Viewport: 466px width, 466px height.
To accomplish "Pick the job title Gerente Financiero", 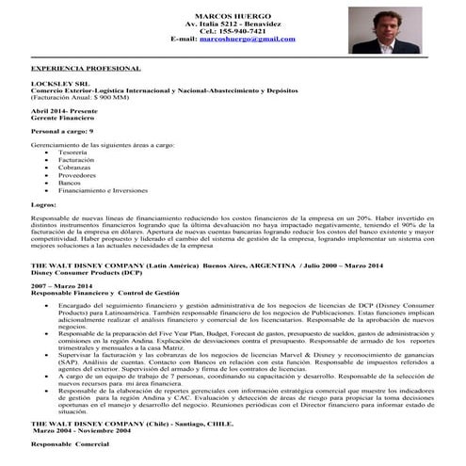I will [x=64, y=119].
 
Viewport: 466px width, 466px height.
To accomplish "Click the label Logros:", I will [x=43, y=204].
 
